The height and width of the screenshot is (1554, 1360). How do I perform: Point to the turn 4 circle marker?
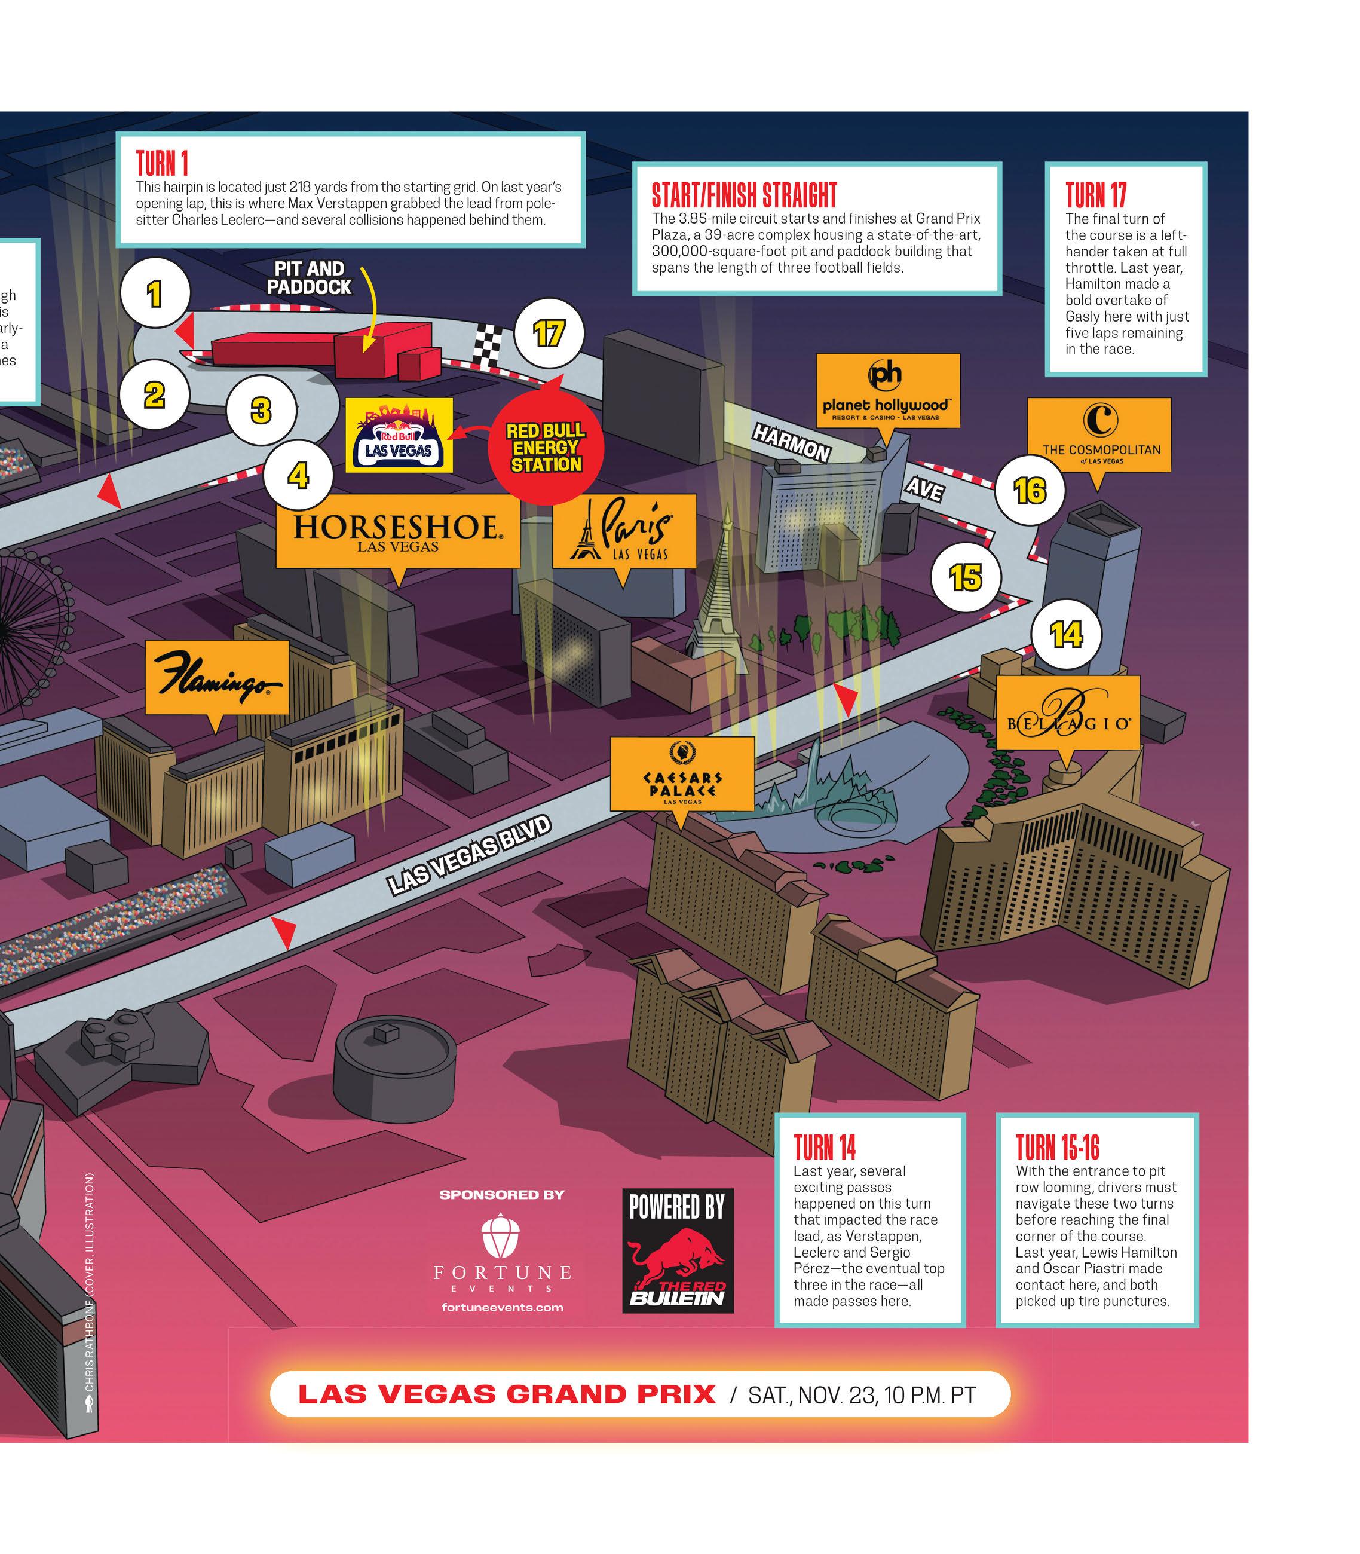(x=298, y=475)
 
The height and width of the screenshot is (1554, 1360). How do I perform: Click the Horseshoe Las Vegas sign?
(x=398, y=531)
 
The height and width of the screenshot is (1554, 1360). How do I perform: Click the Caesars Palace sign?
(x=682, y=775)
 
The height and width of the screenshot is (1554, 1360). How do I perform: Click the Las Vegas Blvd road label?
(x=468, y=855)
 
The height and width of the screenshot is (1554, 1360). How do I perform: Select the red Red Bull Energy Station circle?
(x=546, y=448)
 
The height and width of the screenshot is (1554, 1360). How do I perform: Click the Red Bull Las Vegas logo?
(x=399, y=435)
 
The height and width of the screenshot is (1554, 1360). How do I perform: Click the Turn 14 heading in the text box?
(x=825, y=1147)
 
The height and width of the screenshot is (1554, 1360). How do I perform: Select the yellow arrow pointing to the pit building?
(x=368, y=311)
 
